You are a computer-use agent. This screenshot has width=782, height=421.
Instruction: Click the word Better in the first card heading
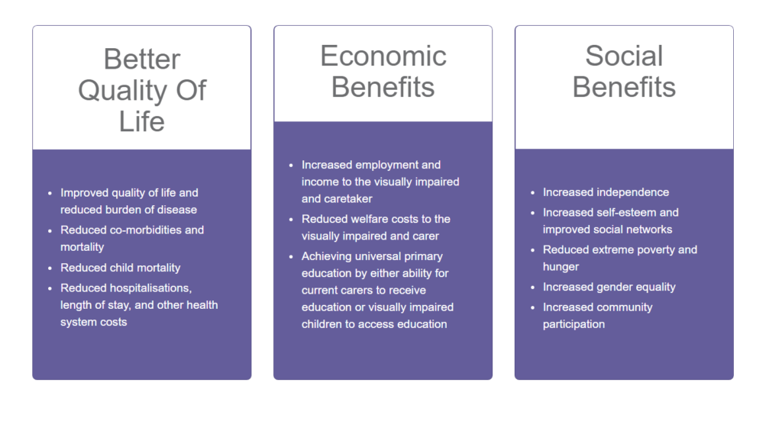pyautogui.click(x=141, y=59)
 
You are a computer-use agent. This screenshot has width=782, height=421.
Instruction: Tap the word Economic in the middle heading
pyautogui.click(x=383, y=56)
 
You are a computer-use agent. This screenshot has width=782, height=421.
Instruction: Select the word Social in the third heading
pyautogui.click(x=624, y=56)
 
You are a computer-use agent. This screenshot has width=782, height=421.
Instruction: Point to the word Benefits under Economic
pyautogui.click(x=383, y=87)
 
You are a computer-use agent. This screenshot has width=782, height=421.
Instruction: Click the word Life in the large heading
pyautogui.click(x=141, y=121)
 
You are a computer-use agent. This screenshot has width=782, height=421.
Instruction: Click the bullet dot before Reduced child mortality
pyautogui.click(x=50, y=268)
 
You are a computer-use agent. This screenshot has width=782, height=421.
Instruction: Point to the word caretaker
pyautogui.click(x=347, y=199)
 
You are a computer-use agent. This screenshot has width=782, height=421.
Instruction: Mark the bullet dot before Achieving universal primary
pyautogui.click(x=291, y=257)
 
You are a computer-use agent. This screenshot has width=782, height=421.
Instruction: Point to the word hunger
pyautogui.click(x=561, y=267)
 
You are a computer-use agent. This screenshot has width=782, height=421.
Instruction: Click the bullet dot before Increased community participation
pyautogui.click(x=532, y=308)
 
